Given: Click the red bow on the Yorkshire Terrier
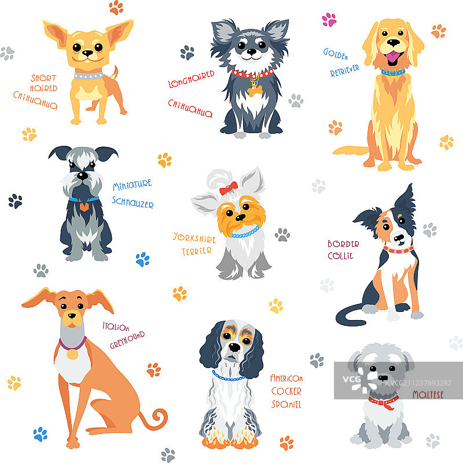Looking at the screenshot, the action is point(228,188).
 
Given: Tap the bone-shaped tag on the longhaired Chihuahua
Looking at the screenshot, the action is point(255,90).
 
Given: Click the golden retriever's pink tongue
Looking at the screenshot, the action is point(393,56).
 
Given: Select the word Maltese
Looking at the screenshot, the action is point(428,395).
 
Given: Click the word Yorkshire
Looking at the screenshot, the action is point(194,237).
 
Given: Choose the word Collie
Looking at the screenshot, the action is point(340,256).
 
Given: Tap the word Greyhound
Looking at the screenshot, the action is point(127,340).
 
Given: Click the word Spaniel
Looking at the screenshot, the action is point(286,404).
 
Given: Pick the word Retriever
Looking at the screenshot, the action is point(344,71).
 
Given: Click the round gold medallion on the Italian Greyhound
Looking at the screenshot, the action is point(72,354).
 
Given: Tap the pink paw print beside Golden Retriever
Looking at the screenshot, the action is point(329,20).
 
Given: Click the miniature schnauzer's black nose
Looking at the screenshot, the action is point(82,176).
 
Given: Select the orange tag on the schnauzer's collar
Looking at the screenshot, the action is point(84,207).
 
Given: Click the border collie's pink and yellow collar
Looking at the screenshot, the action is point(398,250).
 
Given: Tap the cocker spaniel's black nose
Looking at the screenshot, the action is point(235,347).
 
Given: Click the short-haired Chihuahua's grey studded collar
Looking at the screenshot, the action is point(89,76).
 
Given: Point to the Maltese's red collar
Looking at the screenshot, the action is point(383,402).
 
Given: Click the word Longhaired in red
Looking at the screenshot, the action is point(192,79).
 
